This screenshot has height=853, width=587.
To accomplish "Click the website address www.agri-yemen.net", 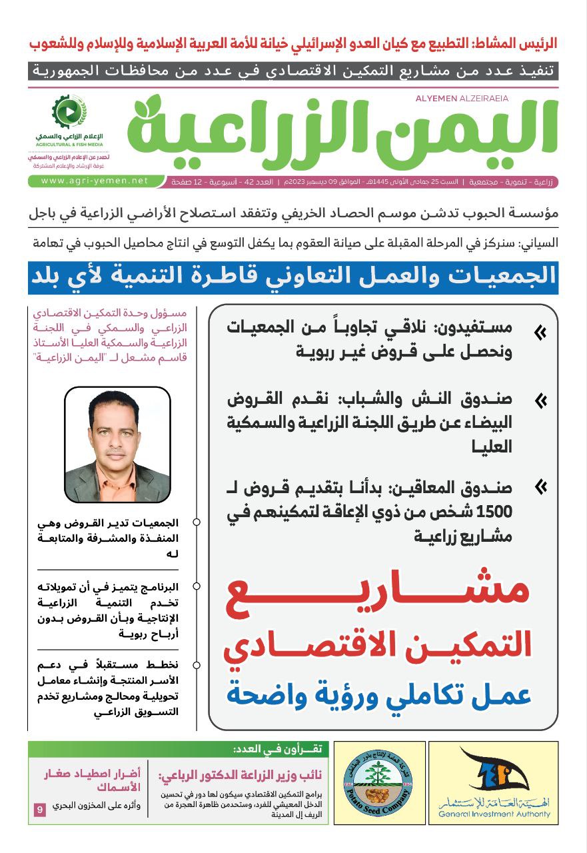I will click(94, 181).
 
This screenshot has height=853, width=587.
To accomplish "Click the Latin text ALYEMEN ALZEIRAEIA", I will click(461, 99).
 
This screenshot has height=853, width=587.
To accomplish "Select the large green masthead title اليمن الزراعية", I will click(342, 130).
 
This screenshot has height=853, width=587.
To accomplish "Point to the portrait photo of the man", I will click(117, 445).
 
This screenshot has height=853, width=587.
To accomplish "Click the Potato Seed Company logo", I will click(379, 782).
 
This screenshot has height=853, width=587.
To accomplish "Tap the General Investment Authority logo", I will click(493, 782).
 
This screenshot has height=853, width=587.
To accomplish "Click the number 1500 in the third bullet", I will click(495, 512).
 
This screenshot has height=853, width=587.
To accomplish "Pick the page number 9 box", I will click(40, 810).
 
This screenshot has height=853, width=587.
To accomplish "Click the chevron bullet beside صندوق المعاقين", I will click(540, 488).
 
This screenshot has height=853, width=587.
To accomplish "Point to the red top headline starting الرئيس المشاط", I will click(293, 44).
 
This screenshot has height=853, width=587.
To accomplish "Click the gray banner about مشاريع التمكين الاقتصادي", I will click(293, 71).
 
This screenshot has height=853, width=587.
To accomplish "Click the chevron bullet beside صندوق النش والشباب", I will click(540, 401).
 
